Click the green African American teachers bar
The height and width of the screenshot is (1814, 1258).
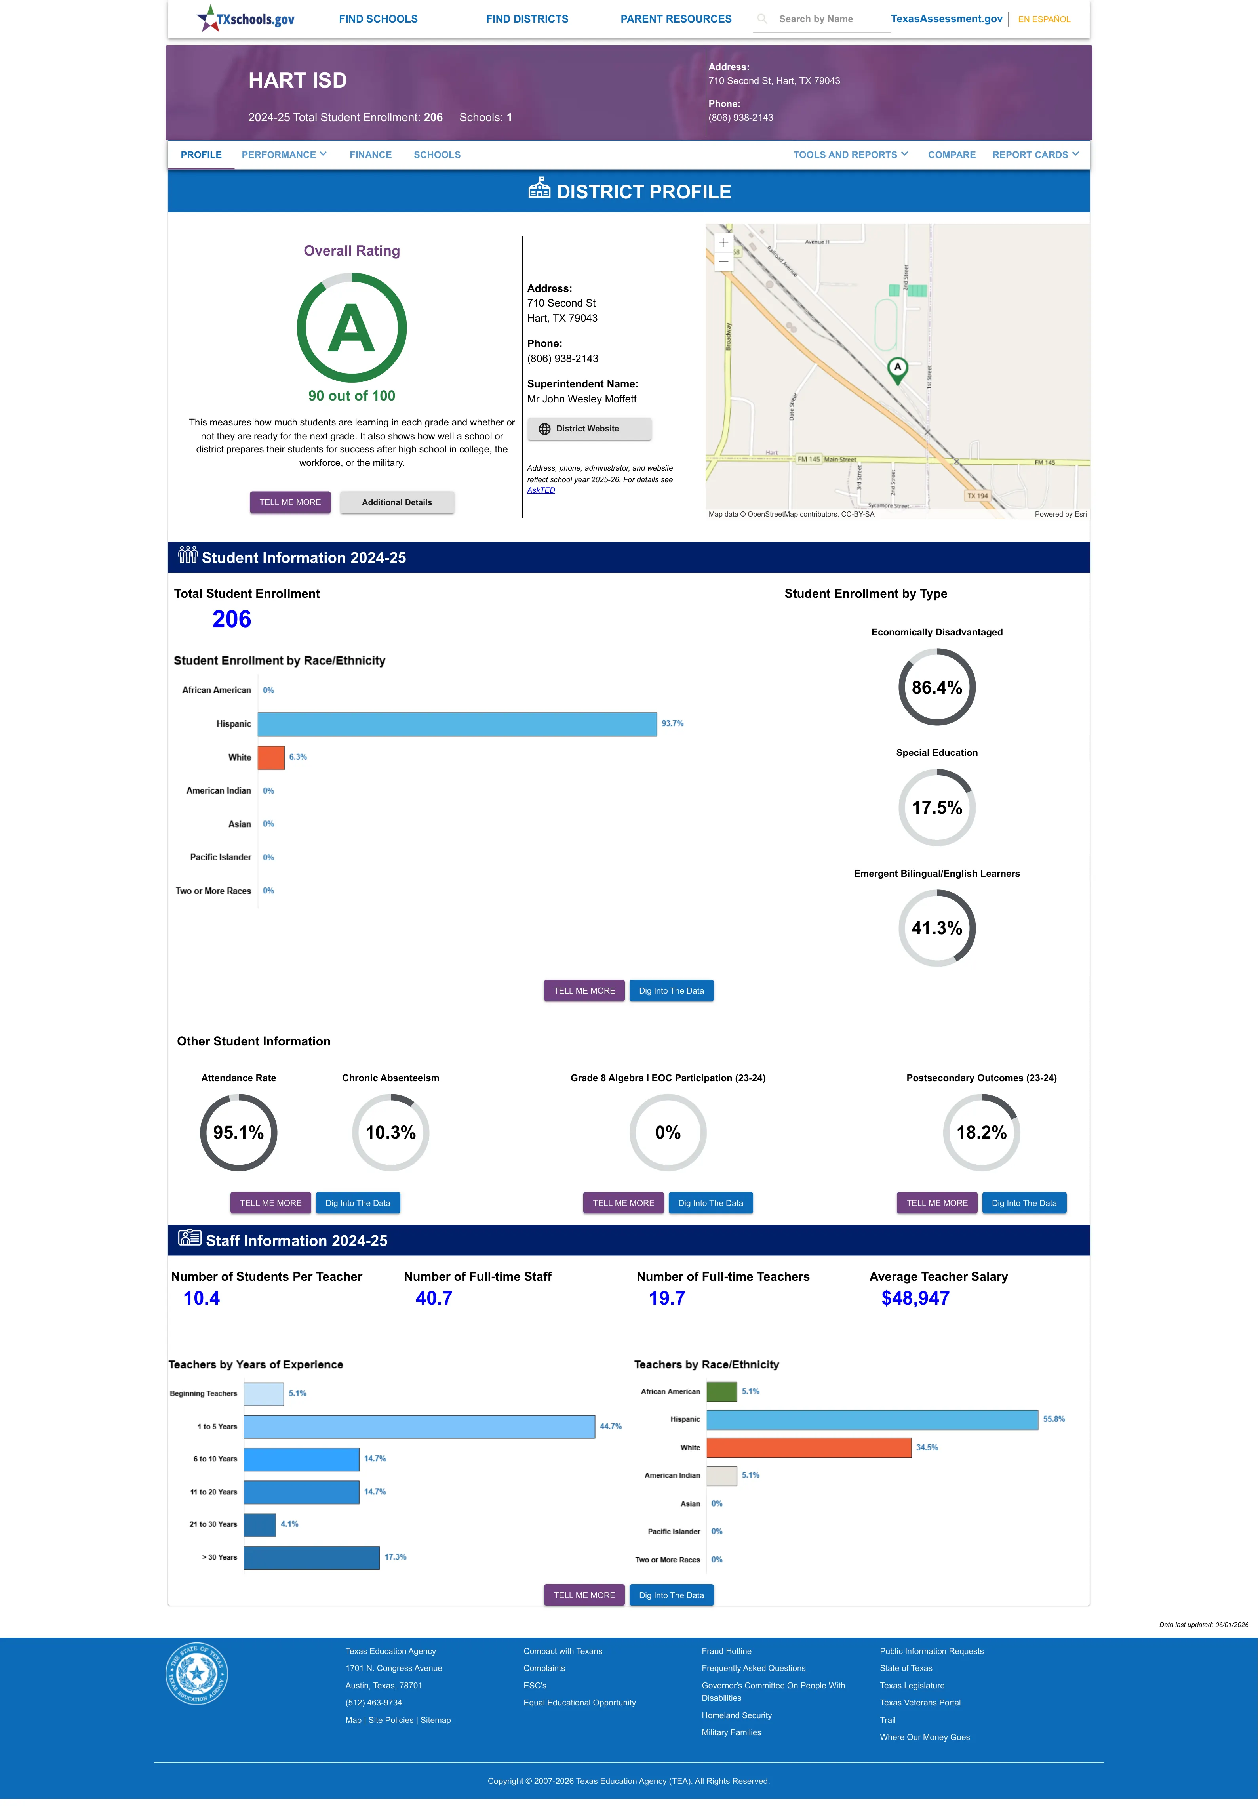pos(721,1391)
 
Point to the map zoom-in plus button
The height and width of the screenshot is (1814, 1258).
pos(723,242)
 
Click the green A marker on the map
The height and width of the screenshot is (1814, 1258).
pos(897,370)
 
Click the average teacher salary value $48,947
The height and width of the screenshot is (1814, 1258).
pos(915,1299)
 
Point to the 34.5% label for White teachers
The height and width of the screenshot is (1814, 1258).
pos(927,1448)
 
